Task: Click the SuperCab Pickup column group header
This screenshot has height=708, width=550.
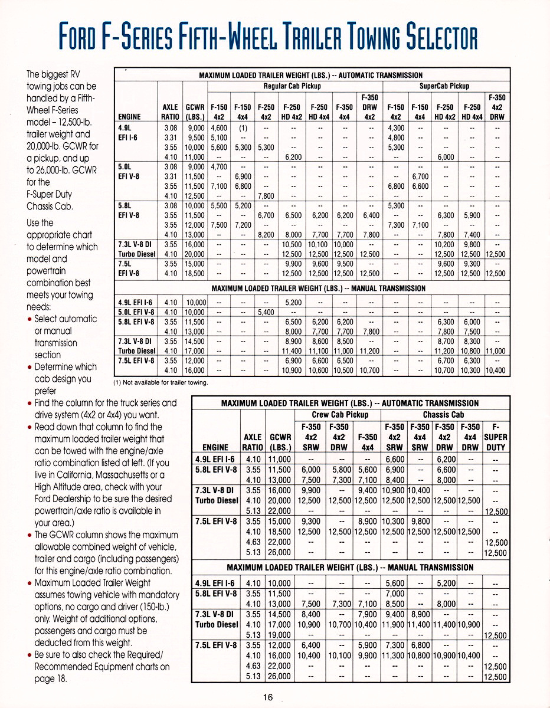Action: click(444, 86)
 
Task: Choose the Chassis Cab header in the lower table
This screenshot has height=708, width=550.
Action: click(445, 415)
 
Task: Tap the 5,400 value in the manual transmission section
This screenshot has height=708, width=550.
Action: click(266, 312)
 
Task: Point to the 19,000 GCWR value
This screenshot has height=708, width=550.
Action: click(280, 635)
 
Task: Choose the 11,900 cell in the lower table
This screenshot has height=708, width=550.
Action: click(395, 624)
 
